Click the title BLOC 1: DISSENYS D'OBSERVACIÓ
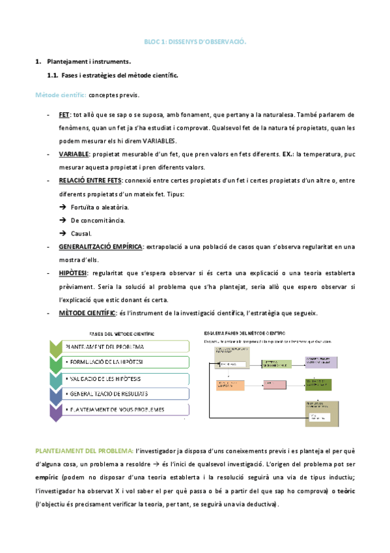point(195,41)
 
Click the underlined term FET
point(64,115)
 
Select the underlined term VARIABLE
point(74,155)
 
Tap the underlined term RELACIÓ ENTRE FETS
point(91,181)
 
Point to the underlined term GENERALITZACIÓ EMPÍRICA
point(101,247)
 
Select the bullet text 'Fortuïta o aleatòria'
point(100,207)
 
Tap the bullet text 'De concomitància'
point(98,220)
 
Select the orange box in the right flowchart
point(227,385)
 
